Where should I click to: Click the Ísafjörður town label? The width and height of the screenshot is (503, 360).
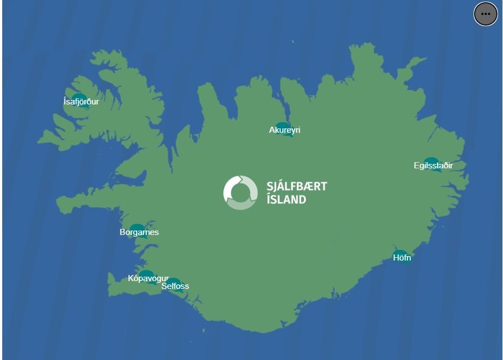(81, 102)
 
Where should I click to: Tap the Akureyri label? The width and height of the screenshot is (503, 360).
(285, 130)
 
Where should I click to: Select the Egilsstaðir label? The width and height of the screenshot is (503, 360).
(433, 166)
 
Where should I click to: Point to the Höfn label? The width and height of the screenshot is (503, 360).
(402, 258)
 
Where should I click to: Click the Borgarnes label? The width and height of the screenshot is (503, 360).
(139, 232)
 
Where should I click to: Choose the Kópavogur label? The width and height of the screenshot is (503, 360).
(148, 278)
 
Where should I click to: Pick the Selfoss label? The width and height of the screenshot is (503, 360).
(175, 286)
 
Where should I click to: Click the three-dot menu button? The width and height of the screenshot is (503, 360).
(485, 14)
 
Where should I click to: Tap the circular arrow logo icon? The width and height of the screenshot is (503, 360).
(240, 192)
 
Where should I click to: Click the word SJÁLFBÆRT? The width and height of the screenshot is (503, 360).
(296, 186)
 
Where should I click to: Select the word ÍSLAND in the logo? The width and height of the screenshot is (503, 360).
(286, 199)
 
